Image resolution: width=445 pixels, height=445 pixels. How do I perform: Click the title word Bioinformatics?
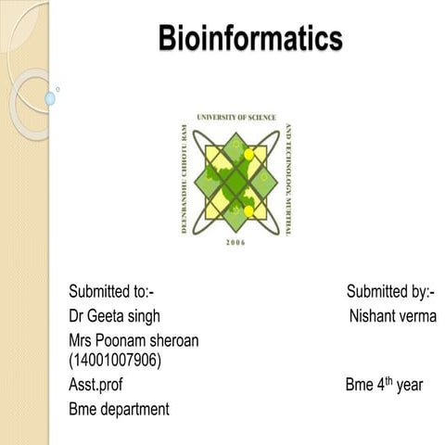250,39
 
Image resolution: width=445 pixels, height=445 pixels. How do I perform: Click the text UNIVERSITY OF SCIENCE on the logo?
235,118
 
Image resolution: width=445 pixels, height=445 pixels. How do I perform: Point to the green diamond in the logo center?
235,179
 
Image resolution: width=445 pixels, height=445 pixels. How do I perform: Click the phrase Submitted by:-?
390,293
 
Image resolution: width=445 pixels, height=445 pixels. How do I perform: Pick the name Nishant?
372,316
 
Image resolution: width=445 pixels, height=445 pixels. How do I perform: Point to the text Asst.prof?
95,384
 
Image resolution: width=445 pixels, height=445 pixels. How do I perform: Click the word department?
135,408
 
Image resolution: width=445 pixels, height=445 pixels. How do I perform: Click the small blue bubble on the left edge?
49,97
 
